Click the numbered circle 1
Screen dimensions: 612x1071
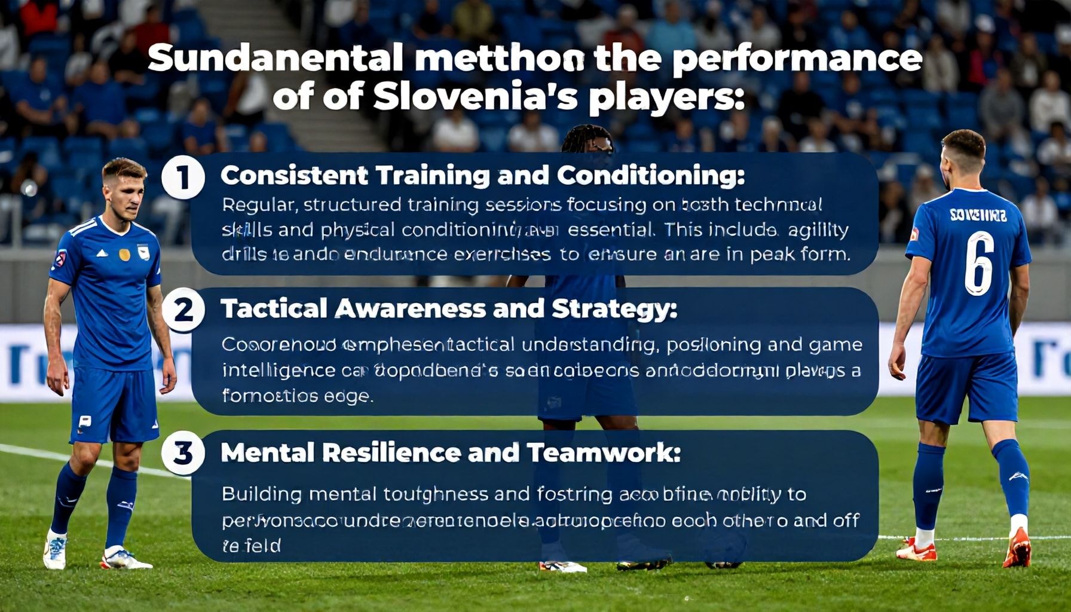(183, 178)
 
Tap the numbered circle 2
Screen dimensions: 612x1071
(183, 310)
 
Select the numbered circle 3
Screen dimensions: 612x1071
(183, 453)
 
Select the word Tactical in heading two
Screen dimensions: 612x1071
(274, 309)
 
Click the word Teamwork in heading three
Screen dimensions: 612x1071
(604, 453)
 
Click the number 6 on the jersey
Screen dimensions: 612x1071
(979, 264)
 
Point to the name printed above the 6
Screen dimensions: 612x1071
(978, 215)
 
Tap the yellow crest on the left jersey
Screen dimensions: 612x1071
(124, 254)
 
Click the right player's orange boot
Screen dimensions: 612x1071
(1018, 549)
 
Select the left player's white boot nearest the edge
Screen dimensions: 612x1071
(55, 552)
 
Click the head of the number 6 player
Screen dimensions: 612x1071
(962, 155)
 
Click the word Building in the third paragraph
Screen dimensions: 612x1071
(262, 494)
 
